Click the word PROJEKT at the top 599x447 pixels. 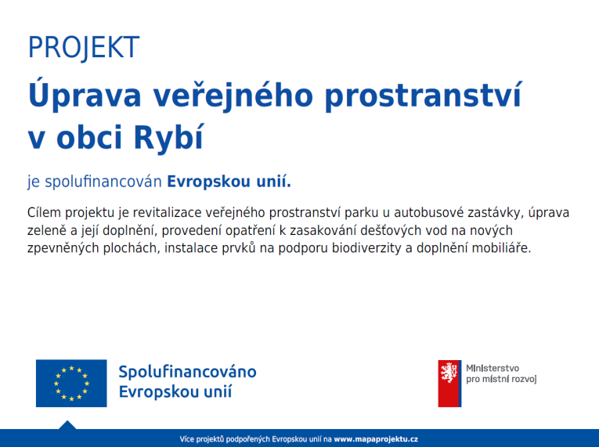(x=84, y=48)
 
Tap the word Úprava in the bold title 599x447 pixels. (x=85, y=95)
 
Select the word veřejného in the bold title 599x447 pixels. (x=233, y=95)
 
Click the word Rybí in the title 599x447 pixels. (x=169, y=137)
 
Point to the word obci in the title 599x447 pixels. (x=89, y=137)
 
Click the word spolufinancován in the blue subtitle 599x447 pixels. (x=103, y=182)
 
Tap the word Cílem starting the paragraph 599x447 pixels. (x=44, y=212)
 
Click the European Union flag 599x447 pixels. (x=71, y=383)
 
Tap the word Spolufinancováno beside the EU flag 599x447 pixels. (x=187, y=372)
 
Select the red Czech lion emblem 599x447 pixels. (x=449, y=383)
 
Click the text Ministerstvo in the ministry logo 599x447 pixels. (x=493, y=368)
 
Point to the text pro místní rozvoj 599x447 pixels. (x=501, y=379)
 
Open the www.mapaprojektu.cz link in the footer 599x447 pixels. (x=376, y=439)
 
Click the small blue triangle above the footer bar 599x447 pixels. (x=67, y=425)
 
